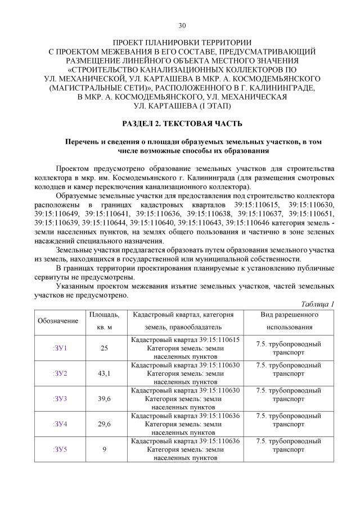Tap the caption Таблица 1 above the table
(317, 304)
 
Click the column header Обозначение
(58, 321)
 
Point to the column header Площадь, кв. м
(104, 321)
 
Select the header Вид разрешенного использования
(289, 321)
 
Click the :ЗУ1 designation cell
(60, 348)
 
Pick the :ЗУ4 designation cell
(60, 424)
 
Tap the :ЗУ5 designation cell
(60, 449)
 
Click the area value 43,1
(104, 373)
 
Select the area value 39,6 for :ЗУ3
(104, 399)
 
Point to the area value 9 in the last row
(104, 449)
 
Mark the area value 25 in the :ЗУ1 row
(104, 348)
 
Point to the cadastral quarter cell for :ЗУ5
(185, 449)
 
